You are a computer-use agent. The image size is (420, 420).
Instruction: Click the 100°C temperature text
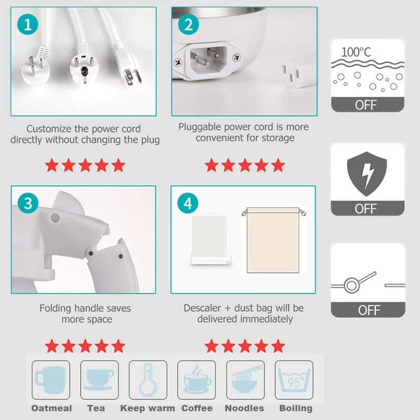(x=356, y=52)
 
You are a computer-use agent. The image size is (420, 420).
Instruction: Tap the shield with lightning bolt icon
(x=367, y=174)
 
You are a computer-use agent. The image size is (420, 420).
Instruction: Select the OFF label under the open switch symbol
(x=368, y=310)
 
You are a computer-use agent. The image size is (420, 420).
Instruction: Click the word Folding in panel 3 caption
(x=57, y=308)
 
